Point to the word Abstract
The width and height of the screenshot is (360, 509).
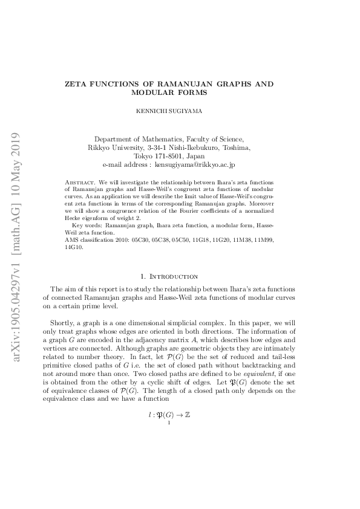[x=77, y=181]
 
